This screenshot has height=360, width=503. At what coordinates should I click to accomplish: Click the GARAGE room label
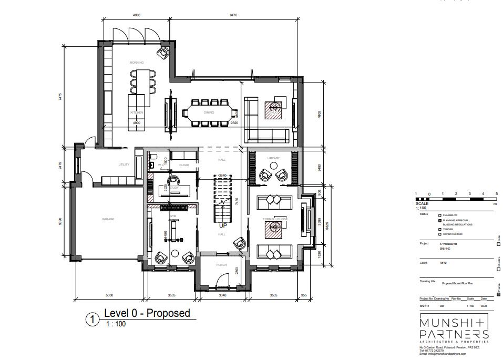[x=108, y=219]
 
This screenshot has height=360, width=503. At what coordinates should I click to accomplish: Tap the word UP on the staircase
[x=223, y=225]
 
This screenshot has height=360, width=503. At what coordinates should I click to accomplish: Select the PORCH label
[x=221, y=265]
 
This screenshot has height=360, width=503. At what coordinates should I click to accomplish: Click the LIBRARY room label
[x=273, y=158]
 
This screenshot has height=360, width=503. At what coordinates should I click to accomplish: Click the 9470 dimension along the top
[x=233, y=15]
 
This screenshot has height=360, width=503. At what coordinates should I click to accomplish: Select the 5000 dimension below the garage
[x=109, y=295]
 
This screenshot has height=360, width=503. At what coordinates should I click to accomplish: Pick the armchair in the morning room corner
[x=164, y=52]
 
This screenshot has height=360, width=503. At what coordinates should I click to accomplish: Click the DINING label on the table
[x=209, y=112]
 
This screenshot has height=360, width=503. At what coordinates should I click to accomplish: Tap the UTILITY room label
[x=124, y=164]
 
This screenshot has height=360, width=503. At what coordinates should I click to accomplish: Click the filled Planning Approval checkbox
[x=440, y=220]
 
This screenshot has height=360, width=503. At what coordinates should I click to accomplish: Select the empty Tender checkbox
[x=440, y=229]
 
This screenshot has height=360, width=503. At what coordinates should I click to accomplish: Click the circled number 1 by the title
[x=93, y=319]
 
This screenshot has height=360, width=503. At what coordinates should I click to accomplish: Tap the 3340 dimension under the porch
[x=222, y=295]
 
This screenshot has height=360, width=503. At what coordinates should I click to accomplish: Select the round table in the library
[x=273, y=166]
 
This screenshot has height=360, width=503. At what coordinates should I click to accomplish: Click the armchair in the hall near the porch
[x=241, y=243]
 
